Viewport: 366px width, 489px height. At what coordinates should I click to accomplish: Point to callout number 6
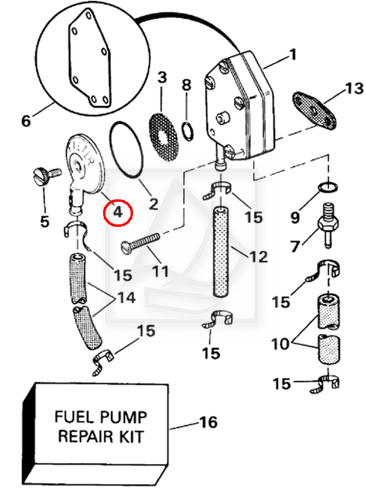tap(26, 121)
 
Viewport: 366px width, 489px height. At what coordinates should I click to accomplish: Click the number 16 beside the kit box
tap(208, 422)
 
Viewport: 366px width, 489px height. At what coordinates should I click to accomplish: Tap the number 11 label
tap(160, 269)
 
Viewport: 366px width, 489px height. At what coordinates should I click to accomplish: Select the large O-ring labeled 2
tap(127, 150)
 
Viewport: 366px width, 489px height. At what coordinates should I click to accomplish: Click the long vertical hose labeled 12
tap(220, 251)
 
